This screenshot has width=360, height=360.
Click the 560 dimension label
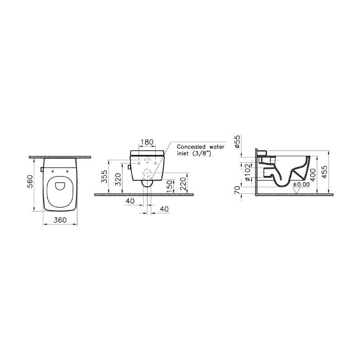click(x=30, y=182)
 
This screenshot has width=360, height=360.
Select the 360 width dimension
click(x=60, y=220)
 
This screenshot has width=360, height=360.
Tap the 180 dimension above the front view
click(x=147, y=142)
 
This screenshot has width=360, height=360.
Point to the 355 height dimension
click(x=104, y=176)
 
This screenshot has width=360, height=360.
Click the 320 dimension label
click(x=118, y=180)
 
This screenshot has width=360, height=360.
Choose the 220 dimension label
click(x=183, y=184)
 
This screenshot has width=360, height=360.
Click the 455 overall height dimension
click(x=325, y=172)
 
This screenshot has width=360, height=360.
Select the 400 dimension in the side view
click(x=313, y=175)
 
